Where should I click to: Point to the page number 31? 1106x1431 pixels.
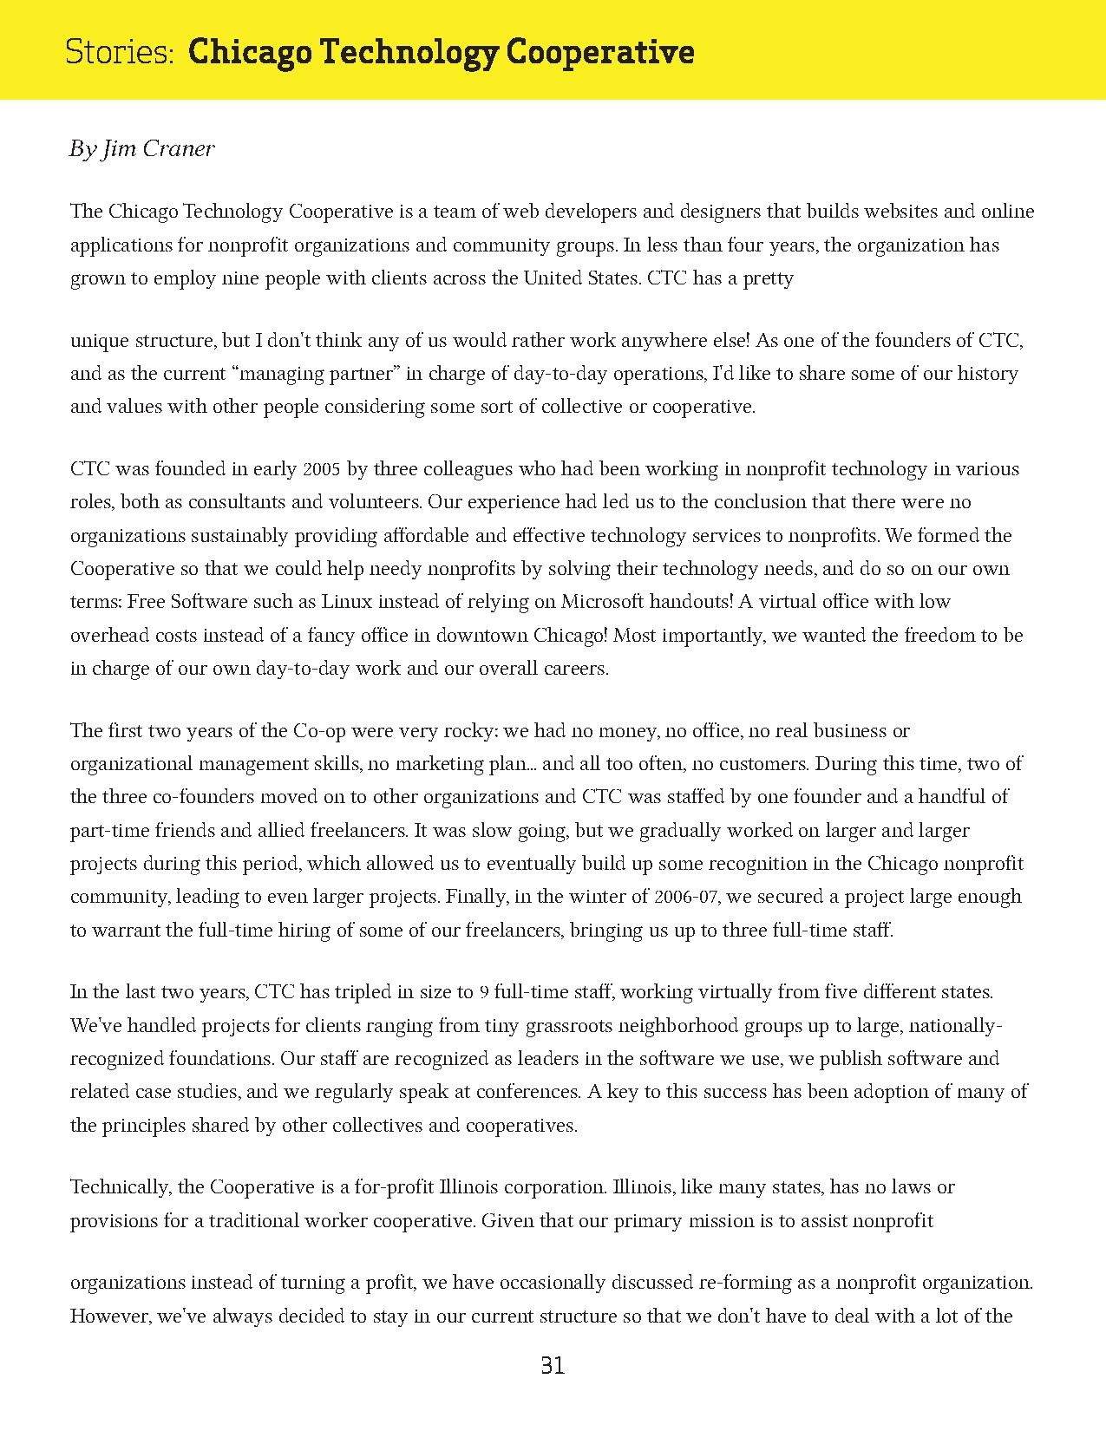tap(553, 1366)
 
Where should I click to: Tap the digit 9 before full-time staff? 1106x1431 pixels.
tap(484, 992)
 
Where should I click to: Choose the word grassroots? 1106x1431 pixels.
tap(568, 1026)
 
